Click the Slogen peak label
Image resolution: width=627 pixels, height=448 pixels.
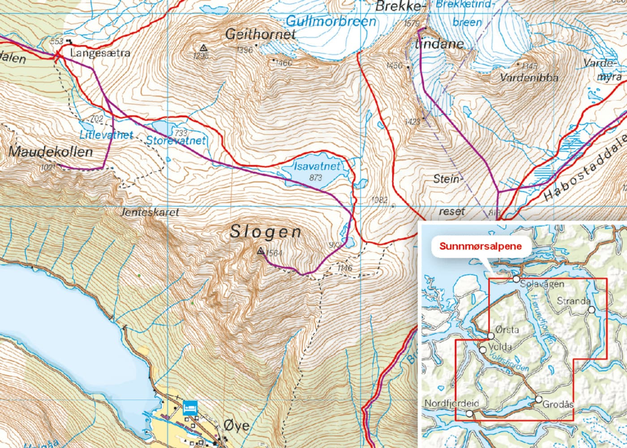(x=266, y=232)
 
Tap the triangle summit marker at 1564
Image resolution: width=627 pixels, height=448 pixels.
(x=261, y=251)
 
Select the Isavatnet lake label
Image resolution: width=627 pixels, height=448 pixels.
(x=317, y=166)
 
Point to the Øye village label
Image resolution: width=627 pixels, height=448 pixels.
(x=236, y=425)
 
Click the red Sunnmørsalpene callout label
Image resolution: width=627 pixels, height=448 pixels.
(x=481, y=246)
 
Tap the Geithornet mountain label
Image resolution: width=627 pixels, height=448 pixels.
(x=261, y=34)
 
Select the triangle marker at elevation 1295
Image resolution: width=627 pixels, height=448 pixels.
(x=203, y=47)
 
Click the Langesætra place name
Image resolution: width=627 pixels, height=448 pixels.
(x=100, y=53)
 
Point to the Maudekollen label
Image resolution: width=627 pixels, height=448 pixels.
(x=51, y=151)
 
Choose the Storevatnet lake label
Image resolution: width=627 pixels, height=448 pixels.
(x=176, y=140)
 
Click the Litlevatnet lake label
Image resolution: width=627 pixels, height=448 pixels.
(x=107, y=134)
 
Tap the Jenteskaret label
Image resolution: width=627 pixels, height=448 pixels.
(x=150, y=212)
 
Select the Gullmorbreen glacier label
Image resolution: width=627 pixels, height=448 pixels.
(x=331, y=21)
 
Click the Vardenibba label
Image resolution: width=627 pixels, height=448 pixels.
(x=529, y=78)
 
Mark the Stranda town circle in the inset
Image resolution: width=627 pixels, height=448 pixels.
(x=591, y=310)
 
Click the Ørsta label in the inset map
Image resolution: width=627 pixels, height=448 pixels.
(x=507, y=330)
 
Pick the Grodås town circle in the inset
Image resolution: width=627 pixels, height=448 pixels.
(x=538, y=399)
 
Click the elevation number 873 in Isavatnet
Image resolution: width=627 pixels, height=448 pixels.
(x=316, y=177)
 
